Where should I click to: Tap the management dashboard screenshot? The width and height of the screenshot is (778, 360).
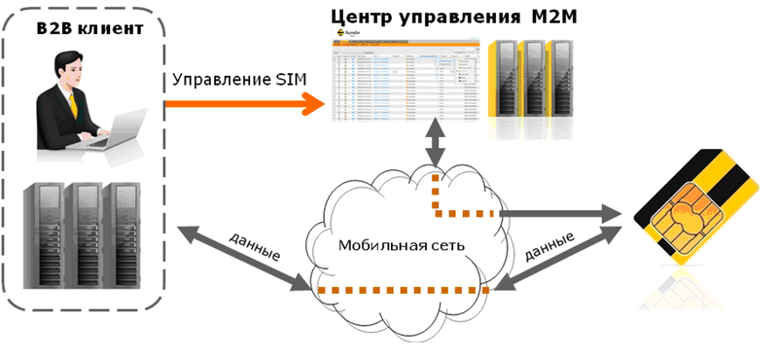click(x=407, y=82)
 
